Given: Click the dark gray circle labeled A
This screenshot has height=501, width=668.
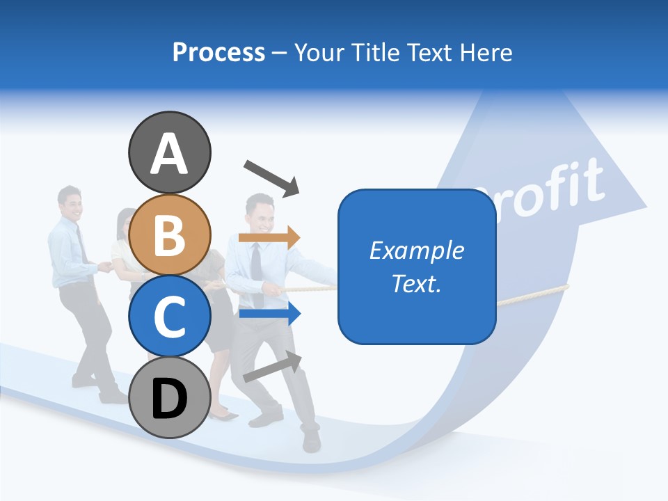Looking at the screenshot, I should click(169, 152).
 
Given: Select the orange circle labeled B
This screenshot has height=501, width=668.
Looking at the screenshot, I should click(169, 234).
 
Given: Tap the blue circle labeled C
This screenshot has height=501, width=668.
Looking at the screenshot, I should click(169, 316).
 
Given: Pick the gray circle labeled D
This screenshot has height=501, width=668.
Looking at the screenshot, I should click(169, 398).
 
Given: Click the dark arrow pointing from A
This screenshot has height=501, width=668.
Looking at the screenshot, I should click(271, 177).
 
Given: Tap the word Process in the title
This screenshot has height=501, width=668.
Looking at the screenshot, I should click(218, 52).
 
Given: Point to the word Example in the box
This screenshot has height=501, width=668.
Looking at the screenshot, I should click(417, 250).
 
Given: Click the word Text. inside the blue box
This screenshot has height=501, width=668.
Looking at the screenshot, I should click(417, 283).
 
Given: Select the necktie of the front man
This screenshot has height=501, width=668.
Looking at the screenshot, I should click(257, 264).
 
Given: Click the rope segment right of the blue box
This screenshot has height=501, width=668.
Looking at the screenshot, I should click(532, 296).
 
